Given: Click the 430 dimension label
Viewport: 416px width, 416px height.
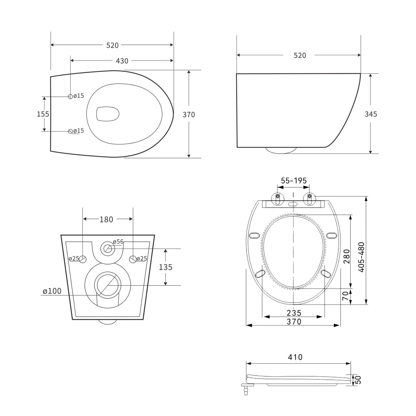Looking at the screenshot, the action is tap(122, 61).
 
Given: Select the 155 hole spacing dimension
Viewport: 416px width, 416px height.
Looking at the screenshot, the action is tap(43, 114).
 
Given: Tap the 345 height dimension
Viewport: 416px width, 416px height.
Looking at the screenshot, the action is tap(371, 114).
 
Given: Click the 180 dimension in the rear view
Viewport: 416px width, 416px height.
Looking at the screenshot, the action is tap(106, 219).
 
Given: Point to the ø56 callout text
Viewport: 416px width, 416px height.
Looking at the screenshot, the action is tap(118, 242).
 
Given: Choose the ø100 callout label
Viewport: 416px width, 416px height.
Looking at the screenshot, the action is tap(52, 291).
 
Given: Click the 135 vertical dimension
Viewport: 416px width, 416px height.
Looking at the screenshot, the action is tap(166, 267).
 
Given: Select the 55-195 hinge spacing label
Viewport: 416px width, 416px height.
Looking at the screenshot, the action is tap(294, 180).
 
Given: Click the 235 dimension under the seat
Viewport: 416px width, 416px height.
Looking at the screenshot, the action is tap(294, 313).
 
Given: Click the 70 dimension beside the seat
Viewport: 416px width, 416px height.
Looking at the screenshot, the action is tap(345, 296).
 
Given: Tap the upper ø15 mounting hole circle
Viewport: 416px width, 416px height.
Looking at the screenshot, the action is tap(70, 96).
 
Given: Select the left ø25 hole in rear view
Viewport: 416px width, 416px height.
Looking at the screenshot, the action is tap(83, 259).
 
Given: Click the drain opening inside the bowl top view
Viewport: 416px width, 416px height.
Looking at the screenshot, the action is tap(108, 114).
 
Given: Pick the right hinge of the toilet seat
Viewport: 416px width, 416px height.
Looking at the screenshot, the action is tap(309, 199).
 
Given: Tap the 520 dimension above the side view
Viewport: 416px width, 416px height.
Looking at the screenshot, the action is tap(300, 55).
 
